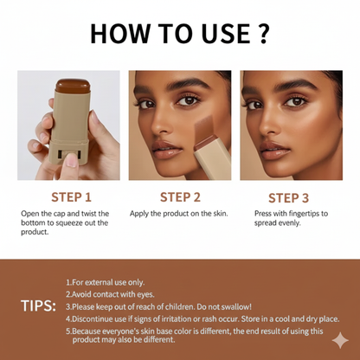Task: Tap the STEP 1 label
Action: pos(71,196)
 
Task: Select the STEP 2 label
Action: pos(180,196)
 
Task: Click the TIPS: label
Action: pos(38,305)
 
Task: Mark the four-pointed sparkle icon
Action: pos(340,340)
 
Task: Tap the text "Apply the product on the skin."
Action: pos(179,213)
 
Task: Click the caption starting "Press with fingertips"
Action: pos(294,213)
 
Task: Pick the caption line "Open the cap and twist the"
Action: pos(69,213)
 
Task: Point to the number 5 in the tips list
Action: pos(67,331)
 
